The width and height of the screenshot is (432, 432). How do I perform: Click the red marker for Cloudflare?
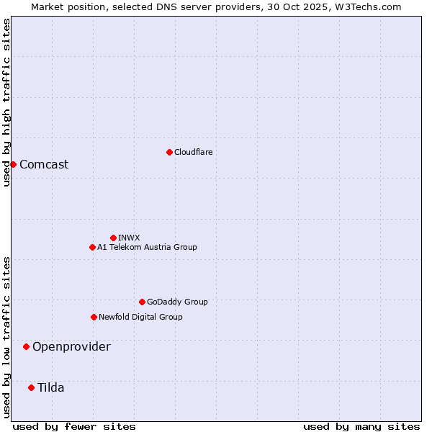pos(169,152)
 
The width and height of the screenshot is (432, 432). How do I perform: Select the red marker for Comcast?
pos(13,164)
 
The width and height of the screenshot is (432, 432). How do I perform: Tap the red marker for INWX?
pos(113,238)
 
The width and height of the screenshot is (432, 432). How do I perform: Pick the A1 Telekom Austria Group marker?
pos(92,247)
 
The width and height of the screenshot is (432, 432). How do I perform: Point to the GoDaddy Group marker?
pos(142,302)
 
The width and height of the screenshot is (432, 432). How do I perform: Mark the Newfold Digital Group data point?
pos(94,317)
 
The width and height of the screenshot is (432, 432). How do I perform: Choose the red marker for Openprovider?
pos(26,346)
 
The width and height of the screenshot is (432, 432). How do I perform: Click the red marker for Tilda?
pos(31,387)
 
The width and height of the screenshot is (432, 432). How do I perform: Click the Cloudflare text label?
pos(194,152)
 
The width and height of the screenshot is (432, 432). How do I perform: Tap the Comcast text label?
pos(44,164)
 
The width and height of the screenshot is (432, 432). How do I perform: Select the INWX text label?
pos(130,238)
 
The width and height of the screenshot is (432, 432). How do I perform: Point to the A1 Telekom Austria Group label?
pos(147,247)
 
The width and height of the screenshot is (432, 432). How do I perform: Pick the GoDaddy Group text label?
pos(177,302)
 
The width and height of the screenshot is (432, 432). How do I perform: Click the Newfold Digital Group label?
pos(140,317)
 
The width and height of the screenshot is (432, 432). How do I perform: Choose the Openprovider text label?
pos(71,346)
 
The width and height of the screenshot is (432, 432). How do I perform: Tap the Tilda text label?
pos(50,387)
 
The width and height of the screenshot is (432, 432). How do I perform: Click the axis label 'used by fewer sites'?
pos(74,426)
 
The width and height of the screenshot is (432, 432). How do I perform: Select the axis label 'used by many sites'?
pos(361,426)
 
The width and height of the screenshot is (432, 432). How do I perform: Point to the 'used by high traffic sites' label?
pos(6,102)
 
